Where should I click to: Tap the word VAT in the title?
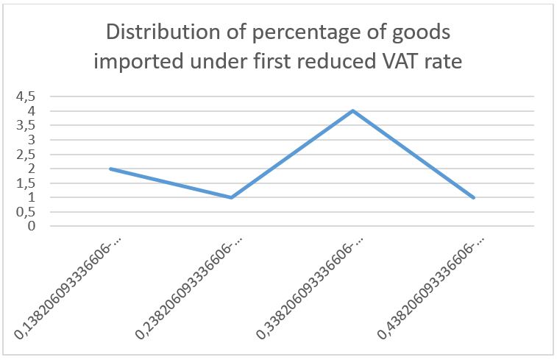400,61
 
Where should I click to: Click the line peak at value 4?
353,111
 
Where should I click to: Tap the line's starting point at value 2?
110,169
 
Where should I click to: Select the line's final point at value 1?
474,197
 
